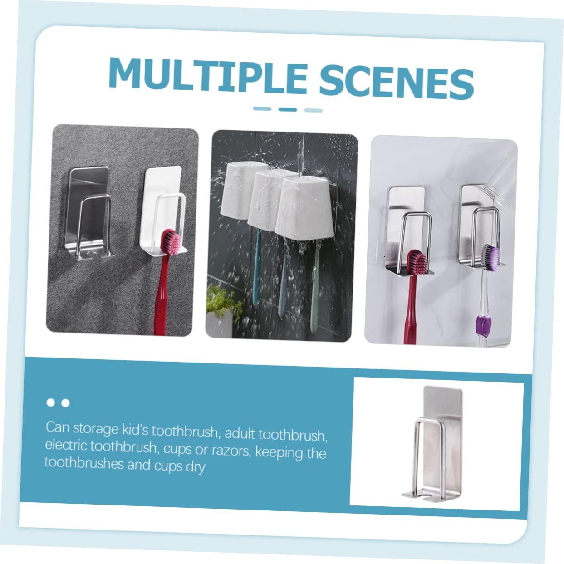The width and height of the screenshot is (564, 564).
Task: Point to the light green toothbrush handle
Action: (x=314, y=290)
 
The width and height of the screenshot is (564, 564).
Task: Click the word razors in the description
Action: (x=236, y=451)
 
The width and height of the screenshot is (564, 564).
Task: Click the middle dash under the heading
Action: (x=287, y=109)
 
